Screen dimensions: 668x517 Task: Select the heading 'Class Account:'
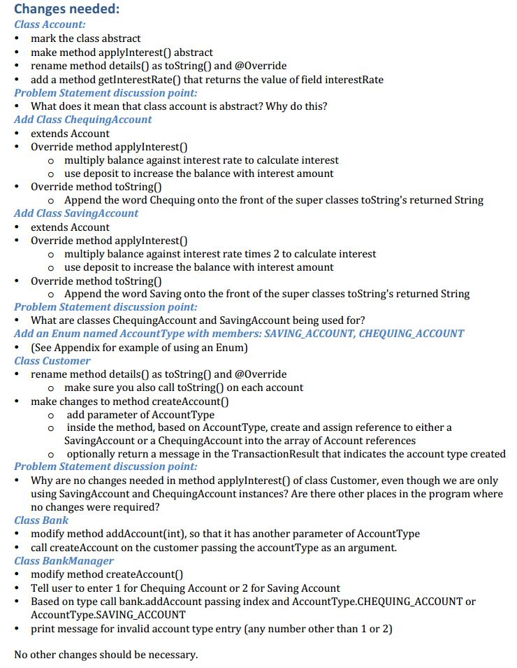pos(50,24)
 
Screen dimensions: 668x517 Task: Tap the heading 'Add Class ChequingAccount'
pos(82,120)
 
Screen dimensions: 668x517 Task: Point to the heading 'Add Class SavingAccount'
pos(76,213)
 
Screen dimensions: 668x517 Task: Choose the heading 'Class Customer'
pos(52,361)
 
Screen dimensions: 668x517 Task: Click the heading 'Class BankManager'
pos(64,561)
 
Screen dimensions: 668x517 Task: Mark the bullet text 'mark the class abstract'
pos(85,38)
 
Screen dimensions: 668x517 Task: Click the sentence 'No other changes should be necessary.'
pos(106,655)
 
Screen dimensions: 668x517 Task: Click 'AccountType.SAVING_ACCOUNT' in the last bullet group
pos(108,615)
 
